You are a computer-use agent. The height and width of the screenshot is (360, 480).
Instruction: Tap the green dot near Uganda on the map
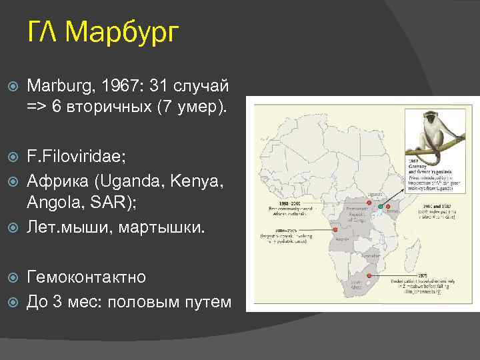pyautogui.click(x=379, y=207)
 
